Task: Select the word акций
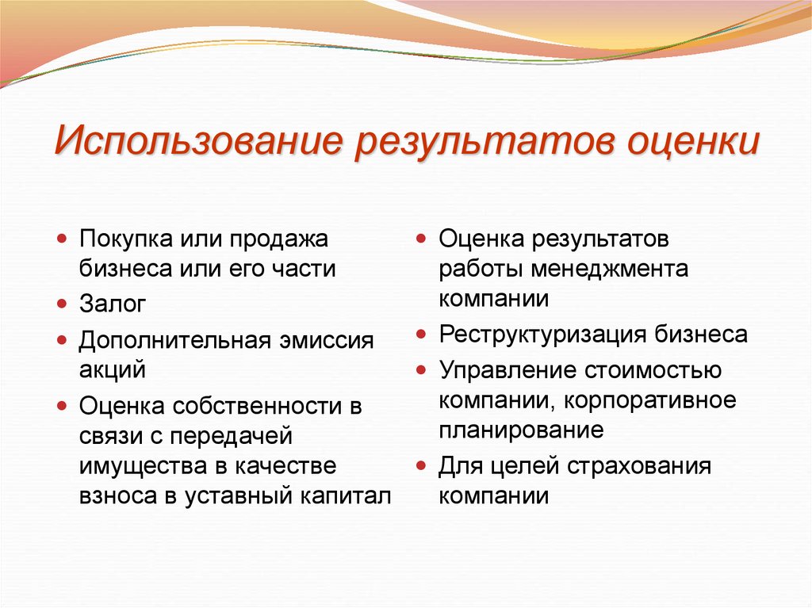tap(112, 369)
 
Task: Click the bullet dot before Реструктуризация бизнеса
tap(423, 335)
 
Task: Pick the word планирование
tap(521, 430)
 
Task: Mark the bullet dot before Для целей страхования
tap(423, 466)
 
